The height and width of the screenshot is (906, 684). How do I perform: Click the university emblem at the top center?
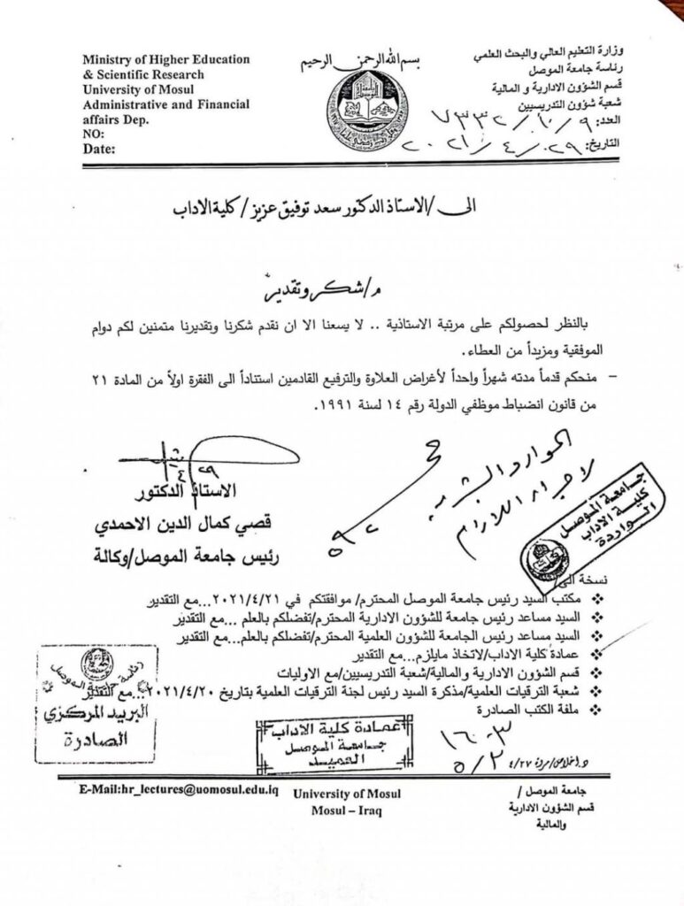(x=366, y=111)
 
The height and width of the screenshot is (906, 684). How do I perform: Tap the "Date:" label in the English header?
(x=100, y=150)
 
